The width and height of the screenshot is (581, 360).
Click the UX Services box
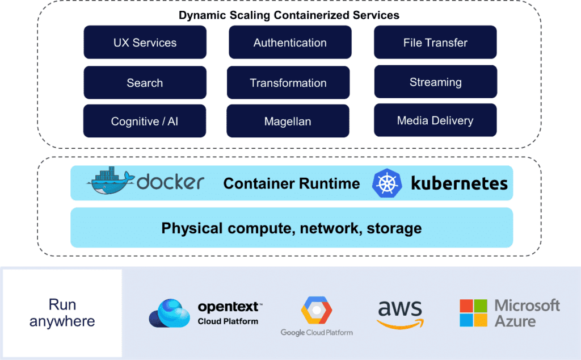pyautogui.click(x=145, y=43)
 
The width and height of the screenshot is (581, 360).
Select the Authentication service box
pyautogui.click(x=290, y=43)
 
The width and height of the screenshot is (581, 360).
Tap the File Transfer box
pyautogui.click(x=435, y=43)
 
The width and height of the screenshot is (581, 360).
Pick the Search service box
pyautogui.click(x=145, y=83)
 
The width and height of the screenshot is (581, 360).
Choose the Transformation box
pyautogui.click(x=288, y=83)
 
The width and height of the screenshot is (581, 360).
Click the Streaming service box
pyautogui.click(x=435, y=82)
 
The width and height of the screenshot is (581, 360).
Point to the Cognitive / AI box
pyautogui.click(x=145, y=121)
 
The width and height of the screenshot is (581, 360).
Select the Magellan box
pyautogui.click(x=288, y=121)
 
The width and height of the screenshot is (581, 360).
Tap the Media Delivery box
pyautogui.click(x=435, y=120)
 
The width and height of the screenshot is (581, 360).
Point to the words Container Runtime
pyautogui.click(x=292, y=183)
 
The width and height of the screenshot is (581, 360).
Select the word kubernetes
pyautogui.click(x=459, y=183)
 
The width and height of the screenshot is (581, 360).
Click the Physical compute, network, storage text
pyautogui.click(x=292, y=228)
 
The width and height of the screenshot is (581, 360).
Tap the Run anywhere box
pyautogui.click(x=62, y=313)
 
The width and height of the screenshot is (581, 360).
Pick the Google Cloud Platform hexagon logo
pyautogui.click(x=316, y=311)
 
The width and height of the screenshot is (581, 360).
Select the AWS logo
pyautogui.click(x=400, y=314)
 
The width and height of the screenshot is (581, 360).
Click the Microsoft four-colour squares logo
pyautogui.click(x=474, y=313)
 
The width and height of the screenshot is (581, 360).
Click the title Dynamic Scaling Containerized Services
pyautogui.click(x=289, y=15)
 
